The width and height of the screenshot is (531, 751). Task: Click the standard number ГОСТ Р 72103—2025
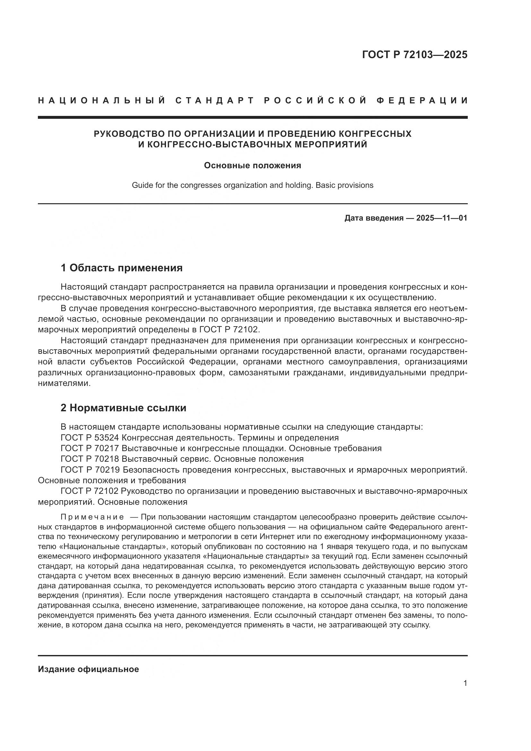tap(414, 55)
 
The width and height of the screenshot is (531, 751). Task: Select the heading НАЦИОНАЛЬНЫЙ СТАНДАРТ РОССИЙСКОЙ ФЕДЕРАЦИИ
tap(253, 100)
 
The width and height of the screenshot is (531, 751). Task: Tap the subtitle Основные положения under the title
tap(252, 165)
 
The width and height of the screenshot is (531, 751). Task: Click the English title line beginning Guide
tap(252, 186)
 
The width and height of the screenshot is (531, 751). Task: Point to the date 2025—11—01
tap(442, 218)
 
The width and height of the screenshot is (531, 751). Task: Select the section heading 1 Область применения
tap(122, 268)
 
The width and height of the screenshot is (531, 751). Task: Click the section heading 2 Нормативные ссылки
tap(124, 408)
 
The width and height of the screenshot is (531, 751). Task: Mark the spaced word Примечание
tap(92, 517)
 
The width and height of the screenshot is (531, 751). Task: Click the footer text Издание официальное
tap(88, 669)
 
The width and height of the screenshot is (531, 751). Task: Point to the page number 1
tap(465, 683)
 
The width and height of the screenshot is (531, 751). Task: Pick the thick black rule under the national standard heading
tap(253, 117)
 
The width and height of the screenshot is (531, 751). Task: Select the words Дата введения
tap(374, 218)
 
